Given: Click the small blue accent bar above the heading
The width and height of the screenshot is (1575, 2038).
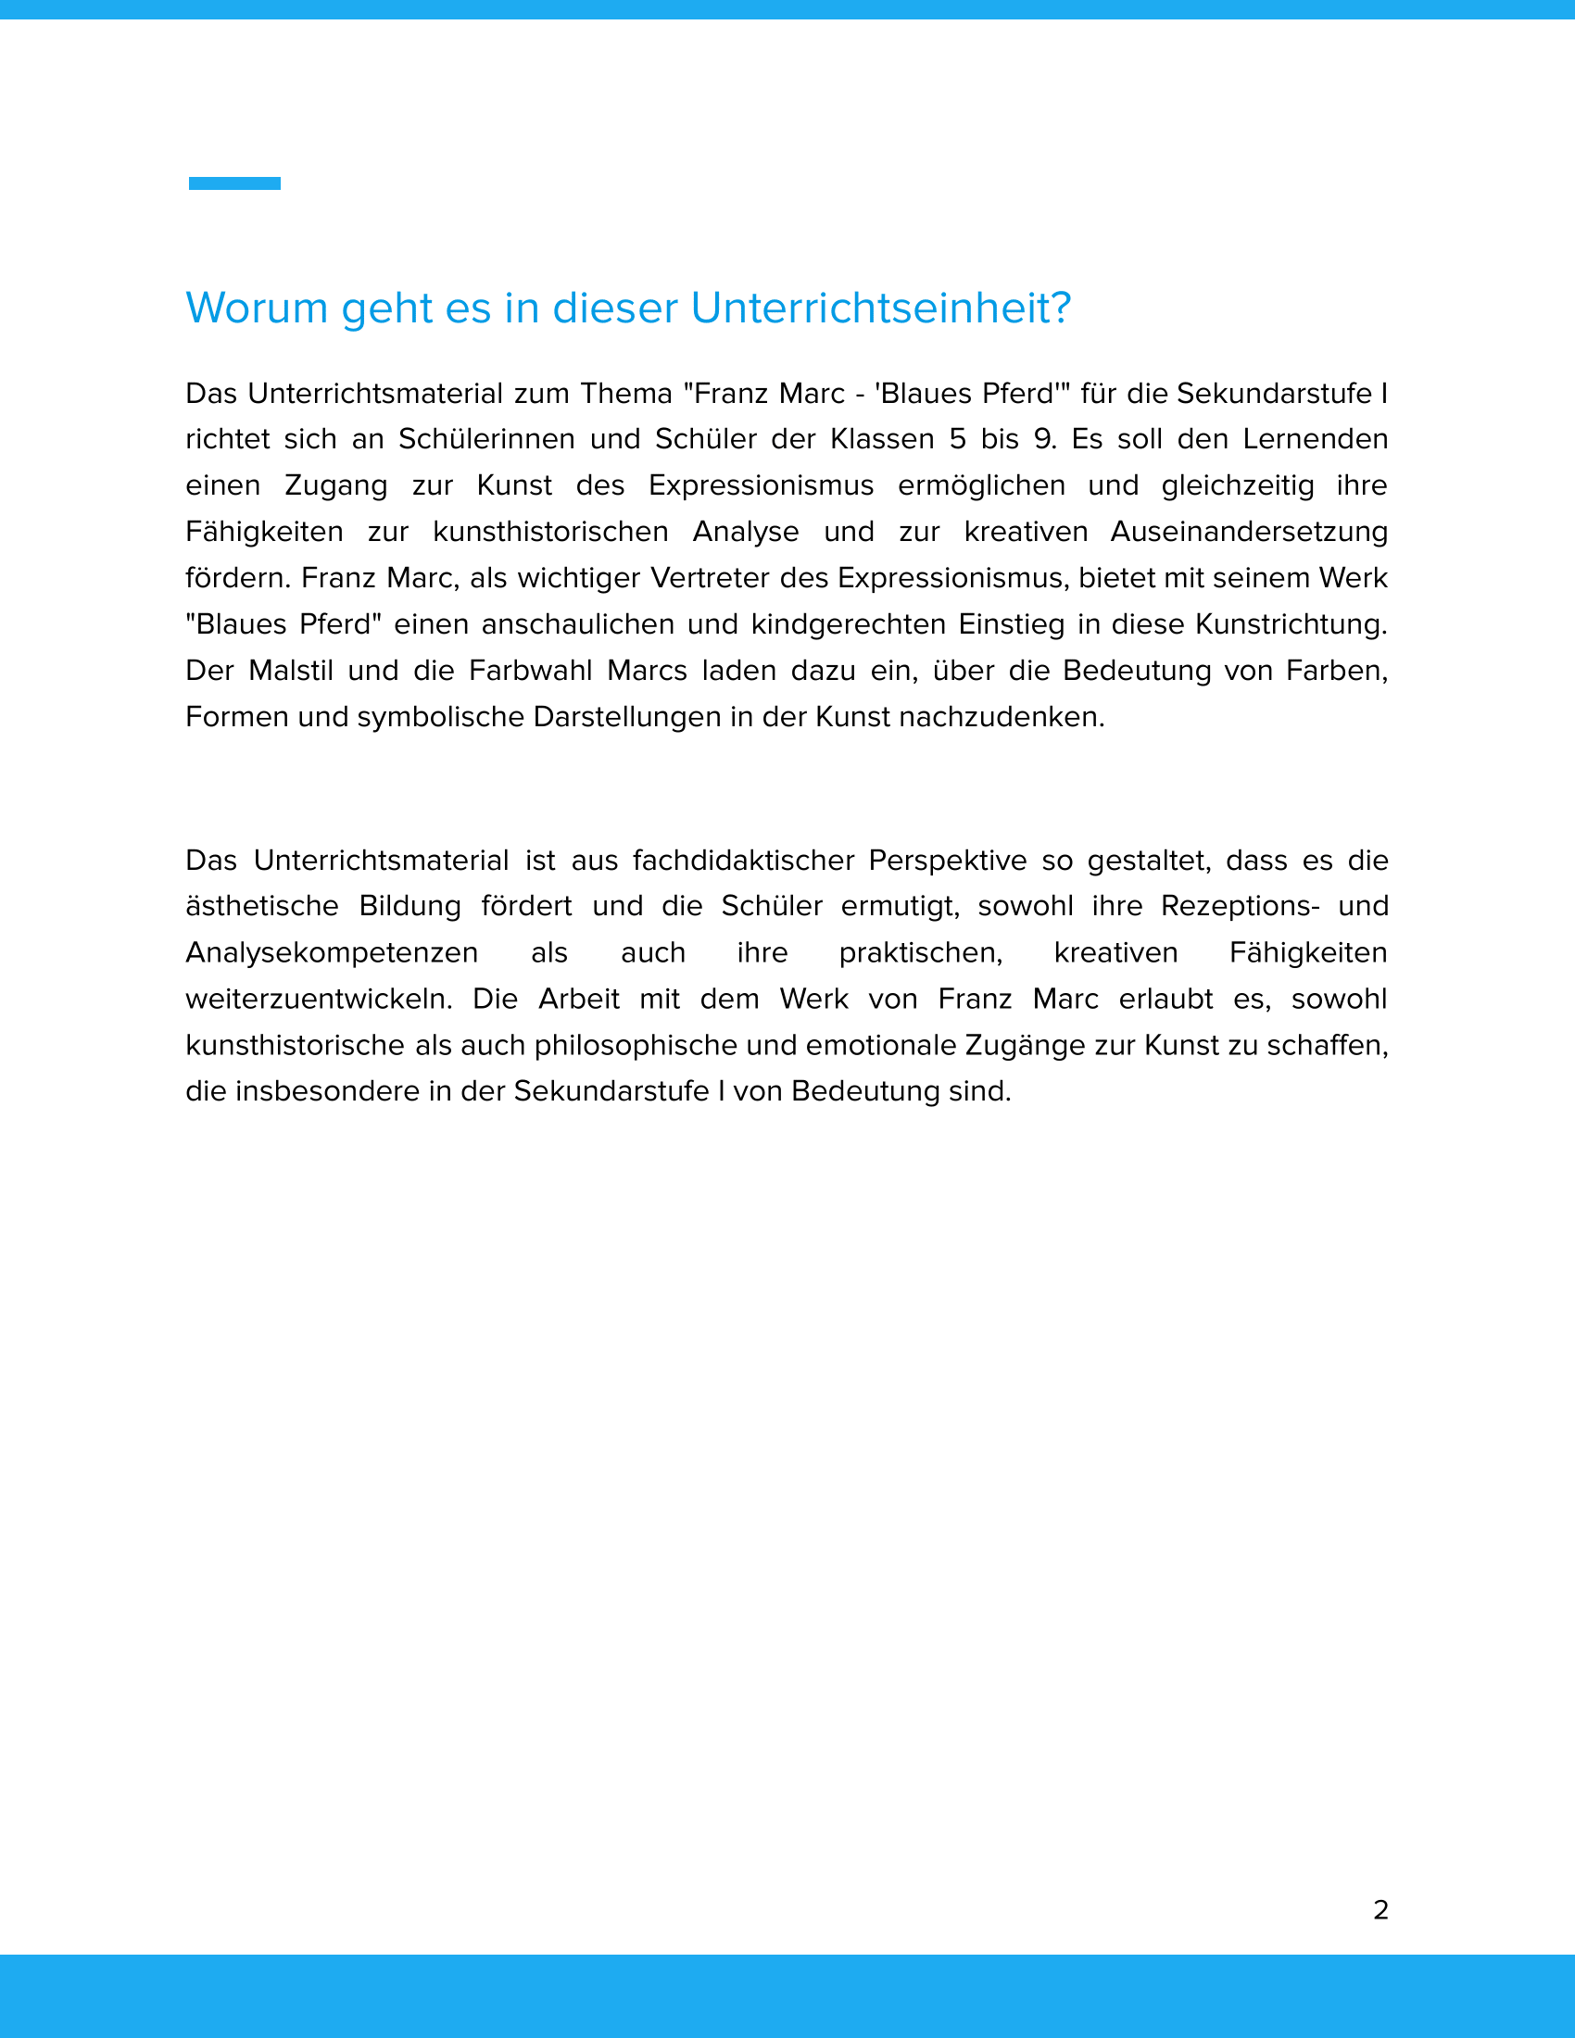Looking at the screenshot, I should coord(234,182).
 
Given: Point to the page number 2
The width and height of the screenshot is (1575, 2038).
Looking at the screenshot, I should coord(1381,1909).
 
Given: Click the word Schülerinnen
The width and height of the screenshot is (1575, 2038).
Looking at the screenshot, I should coord(486,439).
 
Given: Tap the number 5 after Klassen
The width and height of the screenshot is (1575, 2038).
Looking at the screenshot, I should coord(957,439).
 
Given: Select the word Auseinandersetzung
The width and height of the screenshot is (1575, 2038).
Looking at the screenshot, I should coord(1249,532).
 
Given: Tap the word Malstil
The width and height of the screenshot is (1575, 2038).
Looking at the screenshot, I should coord(291,671).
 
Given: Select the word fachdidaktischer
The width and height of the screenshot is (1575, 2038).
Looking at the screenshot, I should coord(743,861).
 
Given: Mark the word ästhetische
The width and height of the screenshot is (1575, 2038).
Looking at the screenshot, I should coord(262,906).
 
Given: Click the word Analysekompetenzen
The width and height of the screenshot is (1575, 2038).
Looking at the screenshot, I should coord(333,952).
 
